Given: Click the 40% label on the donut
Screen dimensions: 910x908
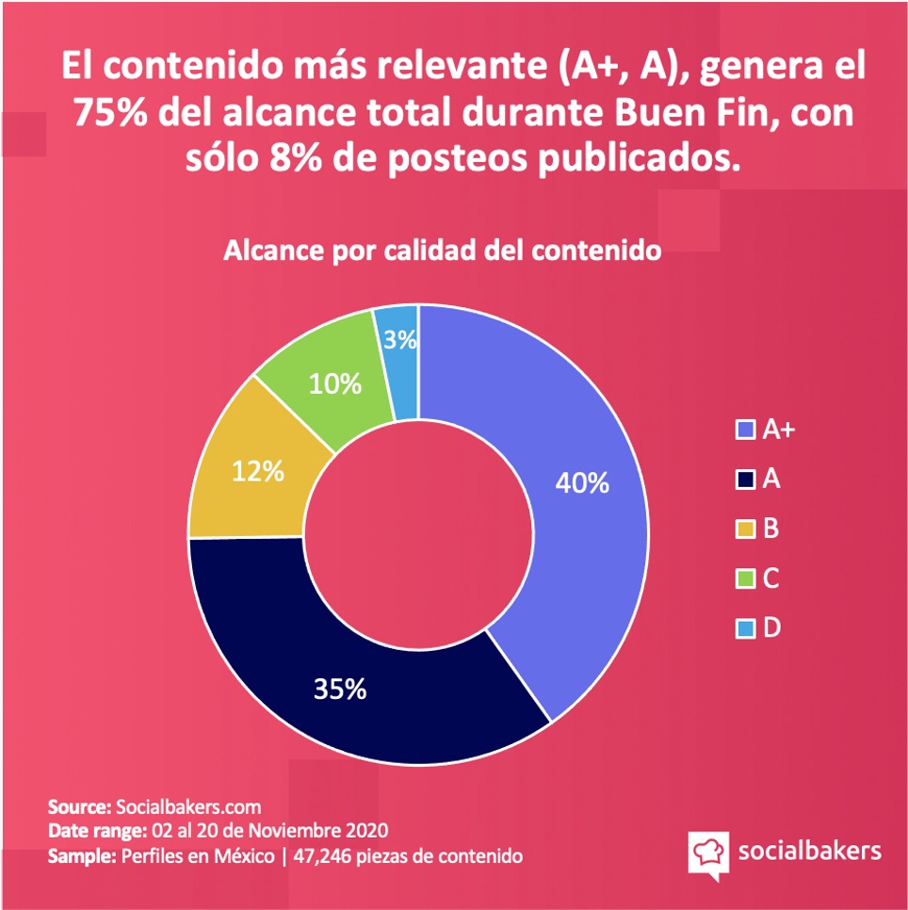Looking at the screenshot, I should (x=582, y=483).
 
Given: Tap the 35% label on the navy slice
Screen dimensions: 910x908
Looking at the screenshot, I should (x=340, y=689).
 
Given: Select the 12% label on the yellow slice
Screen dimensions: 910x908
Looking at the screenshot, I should (x=258, y=471).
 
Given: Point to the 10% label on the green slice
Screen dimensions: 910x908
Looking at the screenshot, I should (x=336, y=383).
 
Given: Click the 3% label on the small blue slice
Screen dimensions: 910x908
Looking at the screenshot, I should (x=401, y=341).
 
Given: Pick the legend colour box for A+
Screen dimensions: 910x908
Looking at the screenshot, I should (x=744, y=431).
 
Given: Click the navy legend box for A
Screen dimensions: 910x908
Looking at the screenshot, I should (x=744, y=479).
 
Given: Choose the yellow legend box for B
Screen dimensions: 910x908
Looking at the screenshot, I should (x=744, y=529).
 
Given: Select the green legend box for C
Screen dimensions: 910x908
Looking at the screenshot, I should (x=744, y=578).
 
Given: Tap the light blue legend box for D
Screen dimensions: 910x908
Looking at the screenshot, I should (x=744, y=628).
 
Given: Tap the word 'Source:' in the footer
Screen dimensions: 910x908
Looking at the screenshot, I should (x=79, y=807).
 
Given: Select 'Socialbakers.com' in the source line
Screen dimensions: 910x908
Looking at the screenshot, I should (x=187, y=807).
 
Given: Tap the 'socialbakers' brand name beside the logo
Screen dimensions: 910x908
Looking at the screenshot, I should (x=809, y=851).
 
